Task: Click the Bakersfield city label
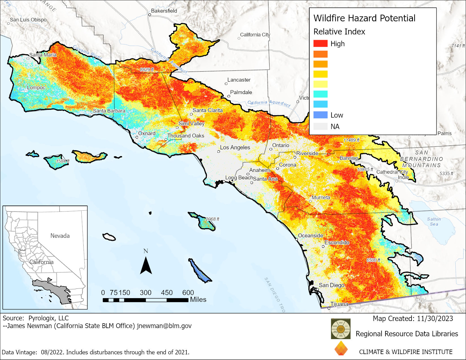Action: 164,11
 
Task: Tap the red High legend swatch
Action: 320,43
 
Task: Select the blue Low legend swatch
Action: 320,115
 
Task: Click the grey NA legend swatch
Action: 320,126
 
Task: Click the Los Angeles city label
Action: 235,147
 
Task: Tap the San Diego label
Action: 331,285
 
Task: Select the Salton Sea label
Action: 434,221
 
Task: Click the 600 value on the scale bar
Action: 188,293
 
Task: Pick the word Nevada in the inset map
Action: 60,236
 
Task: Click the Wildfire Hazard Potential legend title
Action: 364,18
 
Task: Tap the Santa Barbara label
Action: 109,111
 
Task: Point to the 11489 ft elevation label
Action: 351,140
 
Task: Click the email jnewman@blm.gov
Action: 164,326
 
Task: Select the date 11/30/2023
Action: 435,319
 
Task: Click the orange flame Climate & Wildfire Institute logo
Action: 341,348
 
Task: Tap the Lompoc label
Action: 36,88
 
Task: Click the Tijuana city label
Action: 339,304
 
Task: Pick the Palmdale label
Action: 241,92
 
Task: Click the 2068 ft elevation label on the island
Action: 212,219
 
